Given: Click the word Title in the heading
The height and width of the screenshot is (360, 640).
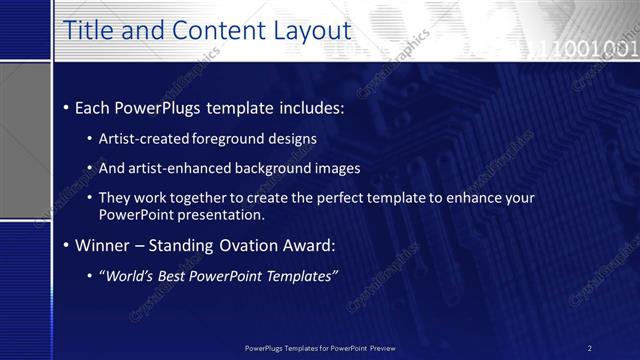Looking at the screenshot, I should click(88, 32).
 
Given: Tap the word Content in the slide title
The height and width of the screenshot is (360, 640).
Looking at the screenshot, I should click(213, 32).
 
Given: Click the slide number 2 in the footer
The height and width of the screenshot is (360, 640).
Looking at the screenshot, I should click(589, 348).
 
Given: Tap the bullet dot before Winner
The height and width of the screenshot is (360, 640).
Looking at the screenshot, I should click(66, 246).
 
